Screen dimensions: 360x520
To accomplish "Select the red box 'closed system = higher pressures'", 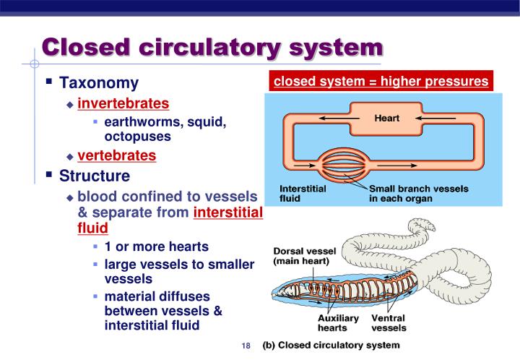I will [x=381, y=81].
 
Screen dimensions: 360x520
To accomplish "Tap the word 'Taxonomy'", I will [x=98, y=83].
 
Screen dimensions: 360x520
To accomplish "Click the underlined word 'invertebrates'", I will [x=123, y=103].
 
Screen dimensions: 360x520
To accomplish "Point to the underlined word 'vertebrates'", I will [x=116, y=155].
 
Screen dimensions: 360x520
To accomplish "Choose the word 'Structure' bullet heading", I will [x=95, y=176].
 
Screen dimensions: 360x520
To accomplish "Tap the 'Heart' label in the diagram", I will [x=386, y=118].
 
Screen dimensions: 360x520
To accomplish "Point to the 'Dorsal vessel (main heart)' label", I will [x=301, y=256].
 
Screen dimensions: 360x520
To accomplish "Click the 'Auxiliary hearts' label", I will [x=338, y=322].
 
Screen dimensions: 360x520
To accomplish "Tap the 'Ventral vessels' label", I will [x=389, y=322].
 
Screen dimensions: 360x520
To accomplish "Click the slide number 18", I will [x=246, y=346].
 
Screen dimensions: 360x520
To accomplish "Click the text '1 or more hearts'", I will [x=157, y=247].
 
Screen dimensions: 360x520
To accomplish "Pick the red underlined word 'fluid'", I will [x=92, y=228].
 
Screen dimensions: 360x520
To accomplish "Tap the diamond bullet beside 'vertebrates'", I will [x=70, y=156].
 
